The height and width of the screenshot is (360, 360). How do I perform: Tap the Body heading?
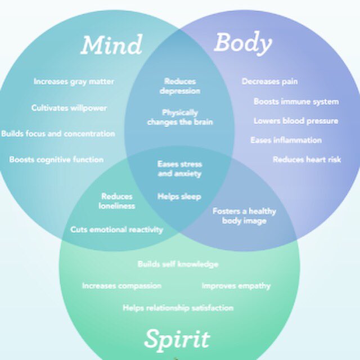[x=243, y=43]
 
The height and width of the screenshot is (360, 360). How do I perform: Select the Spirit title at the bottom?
[x=177, y=339]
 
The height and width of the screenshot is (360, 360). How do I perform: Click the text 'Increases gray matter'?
[x=74, y=82]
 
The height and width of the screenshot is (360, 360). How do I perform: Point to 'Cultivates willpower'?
[x=69, y=107]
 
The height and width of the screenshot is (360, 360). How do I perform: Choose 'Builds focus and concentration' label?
[x=58, y=134]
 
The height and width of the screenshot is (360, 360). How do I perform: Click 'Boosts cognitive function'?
[x=56, y=160]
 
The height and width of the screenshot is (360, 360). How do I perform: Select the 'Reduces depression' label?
[x=180, y=86]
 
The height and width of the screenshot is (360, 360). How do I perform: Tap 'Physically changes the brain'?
[x=180, y=117]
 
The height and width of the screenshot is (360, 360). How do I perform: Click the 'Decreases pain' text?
[x=270, y=82]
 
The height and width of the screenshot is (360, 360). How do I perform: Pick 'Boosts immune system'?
[x=296, y=102]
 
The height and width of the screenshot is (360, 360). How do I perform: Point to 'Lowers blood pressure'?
[x=296, y=121]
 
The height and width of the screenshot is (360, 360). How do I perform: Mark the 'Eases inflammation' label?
[x=286, y=140]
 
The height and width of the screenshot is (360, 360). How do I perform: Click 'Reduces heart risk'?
[x=307, y=160]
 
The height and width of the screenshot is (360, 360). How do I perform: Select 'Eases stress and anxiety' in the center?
[x=179, y=169]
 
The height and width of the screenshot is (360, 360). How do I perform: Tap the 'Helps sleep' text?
[x=179, y=196]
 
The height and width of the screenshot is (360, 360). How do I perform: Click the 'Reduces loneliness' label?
[x=117, y=201]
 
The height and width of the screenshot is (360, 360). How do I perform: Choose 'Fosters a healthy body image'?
[x=244, y=216]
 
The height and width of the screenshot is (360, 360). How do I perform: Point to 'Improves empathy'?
[x=236, y=286]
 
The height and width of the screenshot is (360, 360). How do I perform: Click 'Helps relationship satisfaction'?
[x=178, y=308]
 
